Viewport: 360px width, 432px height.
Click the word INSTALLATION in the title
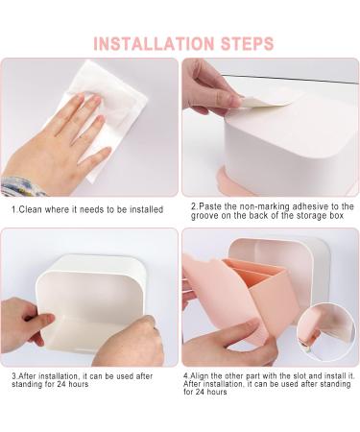coord(151,43)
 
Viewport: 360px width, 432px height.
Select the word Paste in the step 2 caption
coord(212,206)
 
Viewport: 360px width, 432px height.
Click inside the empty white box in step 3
coord(86,298)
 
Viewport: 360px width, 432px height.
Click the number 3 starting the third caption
coord(13,377)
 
